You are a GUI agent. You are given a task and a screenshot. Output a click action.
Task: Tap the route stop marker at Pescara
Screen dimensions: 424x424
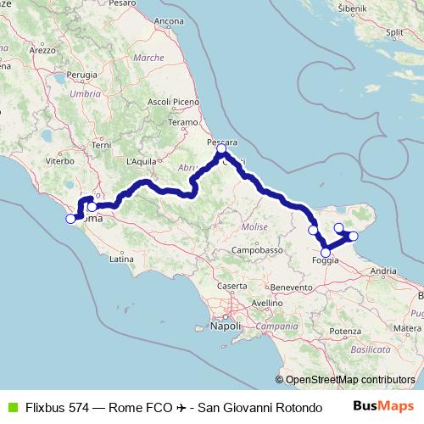(x=221, y=149)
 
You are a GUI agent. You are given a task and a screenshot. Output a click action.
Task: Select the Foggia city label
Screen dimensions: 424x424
(x=326, y=261)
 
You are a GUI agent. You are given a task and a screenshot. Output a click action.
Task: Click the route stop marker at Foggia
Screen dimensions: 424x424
(x=326, y=252)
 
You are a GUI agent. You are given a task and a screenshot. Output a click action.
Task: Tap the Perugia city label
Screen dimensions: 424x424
(x=82, y=75)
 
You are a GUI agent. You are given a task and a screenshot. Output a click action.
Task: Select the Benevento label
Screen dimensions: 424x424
(x=292, y=288)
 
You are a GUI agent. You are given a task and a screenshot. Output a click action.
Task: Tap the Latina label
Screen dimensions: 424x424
(x=122, y=259)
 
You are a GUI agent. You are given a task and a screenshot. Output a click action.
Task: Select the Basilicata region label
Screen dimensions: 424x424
(x=368, y=349)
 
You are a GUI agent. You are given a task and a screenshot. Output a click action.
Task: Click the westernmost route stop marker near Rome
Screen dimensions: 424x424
(x=70, y=220)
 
